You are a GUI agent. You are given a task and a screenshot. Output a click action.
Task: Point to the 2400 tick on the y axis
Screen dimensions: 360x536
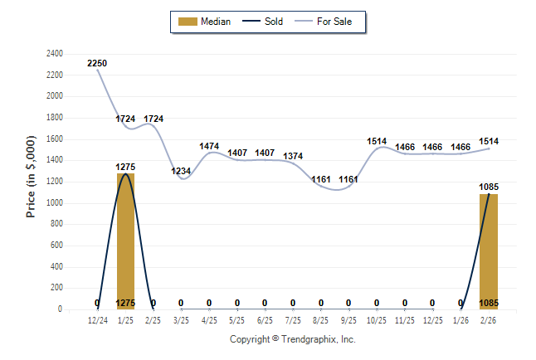[54, 54]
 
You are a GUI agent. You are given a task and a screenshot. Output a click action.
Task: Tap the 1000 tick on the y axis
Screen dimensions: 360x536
[54, 203]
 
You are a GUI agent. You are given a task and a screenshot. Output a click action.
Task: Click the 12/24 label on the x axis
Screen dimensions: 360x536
[97, 319]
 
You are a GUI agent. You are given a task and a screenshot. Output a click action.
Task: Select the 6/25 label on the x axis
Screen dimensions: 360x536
[265, 319]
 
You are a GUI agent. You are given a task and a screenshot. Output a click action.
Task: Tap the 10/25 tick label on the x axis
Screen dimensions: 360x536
[377, 319]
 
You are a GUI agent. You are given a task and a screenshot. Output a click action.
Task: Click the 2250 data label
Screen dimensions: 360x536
[97, 63]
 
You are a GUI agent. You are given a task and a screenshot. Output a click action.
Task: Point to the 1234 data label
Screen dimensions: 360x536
[181, 172]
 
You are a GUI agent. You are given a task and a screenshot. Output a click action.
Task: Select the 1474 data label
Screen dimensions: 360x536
[209, 147]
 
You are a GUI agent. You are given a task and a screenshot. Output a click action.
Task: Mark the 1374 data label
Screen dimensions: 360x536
[293, 156]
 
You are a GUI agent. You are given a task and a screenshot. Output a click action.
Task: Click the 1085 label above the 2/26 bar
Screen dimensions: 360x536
[489, 187]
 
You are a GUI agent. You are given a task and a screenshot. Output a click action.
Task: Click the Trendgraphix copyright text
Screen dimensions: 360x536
[292, 339]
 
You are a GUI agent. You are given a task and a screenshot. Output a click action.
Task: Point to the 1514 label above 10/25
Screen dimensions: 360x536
[377, 142]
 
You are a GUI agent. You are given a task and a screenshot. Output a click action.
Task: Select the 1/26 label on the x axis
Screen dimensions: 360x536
[460, 319]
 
